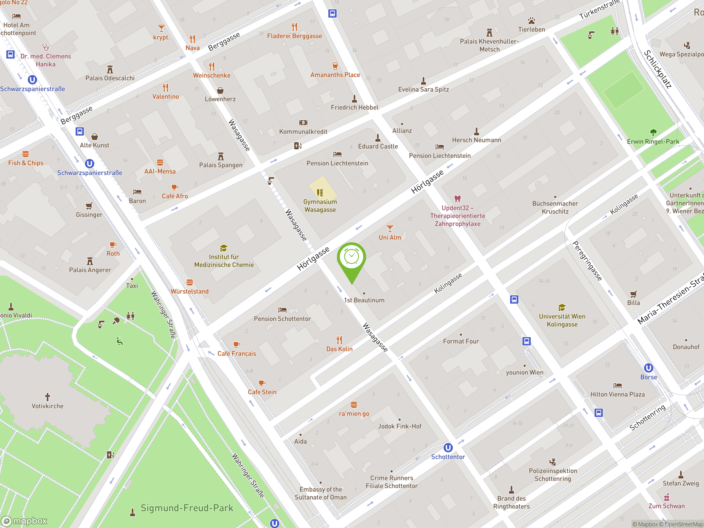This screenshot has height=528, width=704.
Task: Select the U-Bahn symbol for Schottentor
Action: click(x=448, y=447)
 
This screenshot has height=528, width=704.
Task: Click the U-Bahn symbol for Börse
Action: click(x=648, y=368)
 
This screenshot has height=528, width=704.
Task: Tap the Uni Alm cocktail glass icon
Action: click(x=390, y=228)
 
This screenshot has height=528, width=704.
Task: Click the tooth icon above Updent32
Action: click(x=457, y=199)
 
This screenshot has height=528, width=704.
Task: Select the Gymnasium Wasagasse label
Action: click(x=320, y=206)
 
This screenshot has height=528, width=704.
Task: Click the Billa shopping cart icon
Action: click(x=633, y=294)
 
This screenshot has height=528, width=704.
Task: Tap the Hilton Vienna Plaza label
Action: click(x=617, y=394)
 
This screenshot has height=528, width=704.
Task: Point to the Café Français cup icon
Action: click(x=237, y=344)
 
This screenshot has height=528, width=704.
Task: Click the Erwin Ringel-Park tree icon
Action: click(x=653, y=132)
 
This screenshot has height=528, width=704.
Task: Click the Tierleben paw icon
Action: click(x=532, y=21)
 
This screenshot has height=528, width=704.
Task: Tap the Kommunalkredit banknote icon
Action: click(x=303, y=123)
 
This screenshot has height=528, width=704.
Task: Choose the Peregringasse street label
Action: click(x=587, y=261)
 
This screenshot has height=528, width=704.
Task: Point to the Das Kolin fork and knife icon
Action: click(x=339, y=340)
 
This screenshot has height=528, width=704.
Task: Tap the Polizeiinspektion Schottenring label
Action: click(x=552, y=475)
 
